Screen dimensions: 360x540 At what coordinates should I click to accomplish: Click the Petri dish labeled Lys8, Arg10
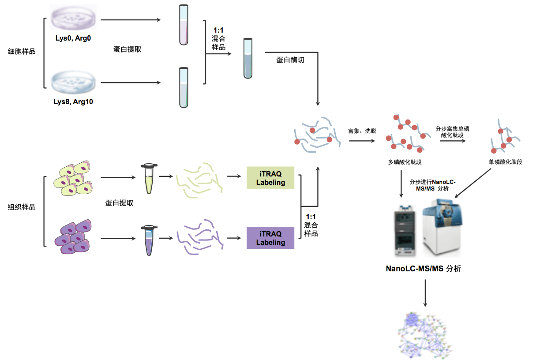tap(74, 82)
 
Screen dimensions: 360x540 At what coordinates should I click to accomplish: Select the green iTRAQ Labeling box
tap(270, 178)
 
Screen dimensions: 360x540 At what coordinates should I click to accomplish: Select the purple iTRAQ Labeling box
tap(270, 238)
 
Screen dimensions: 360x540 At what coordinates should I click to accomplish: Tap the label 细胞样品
tap(22, 51)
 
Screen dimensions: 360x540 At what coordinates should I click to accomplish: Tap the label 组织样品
tap(22, 206)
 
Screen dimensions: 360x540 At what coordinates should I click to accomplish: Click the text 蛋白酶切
tap(290, 60)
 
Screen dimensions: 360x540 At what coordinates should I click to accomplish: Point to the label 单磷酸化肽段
tap(505, 162)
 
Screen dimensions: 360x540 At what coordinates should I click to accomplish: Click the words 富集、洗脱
tap(361, 131)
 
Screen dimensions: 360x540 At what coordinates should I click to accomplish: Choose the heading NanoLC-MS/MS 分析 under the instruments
tap(424, 268)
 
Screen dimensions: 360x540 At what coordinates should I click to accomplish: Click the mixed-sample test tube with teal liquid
tap(248, 58)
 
